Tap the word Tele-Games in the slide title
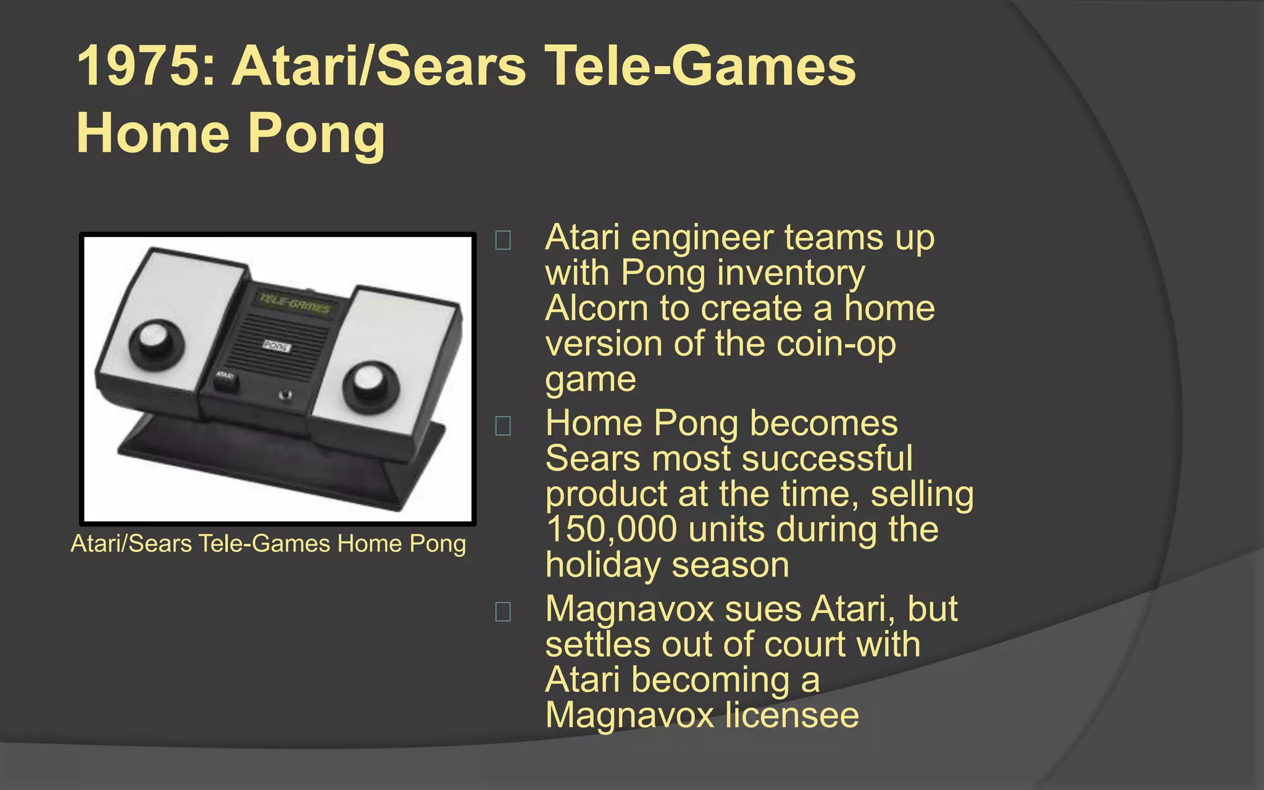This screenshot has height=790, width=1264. tap(702, 67)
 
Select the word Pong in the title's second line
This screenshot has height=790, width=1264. tap(317, 135)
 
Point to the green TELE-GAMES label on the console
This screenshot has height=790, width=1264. tap(294, 304)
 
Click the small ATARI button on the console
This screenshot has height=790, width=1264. tap(225, 378)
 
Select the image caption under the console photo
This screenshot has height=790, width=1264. tap(268, 544)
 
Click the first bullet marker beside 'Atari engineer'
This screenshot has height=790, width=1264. tap(503, 240)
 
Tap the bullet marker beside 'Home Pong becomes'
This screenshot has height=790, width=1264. tap(503, 426)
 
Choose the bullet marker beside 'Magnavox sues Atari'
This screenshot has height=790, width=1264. tap(503, 612)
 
